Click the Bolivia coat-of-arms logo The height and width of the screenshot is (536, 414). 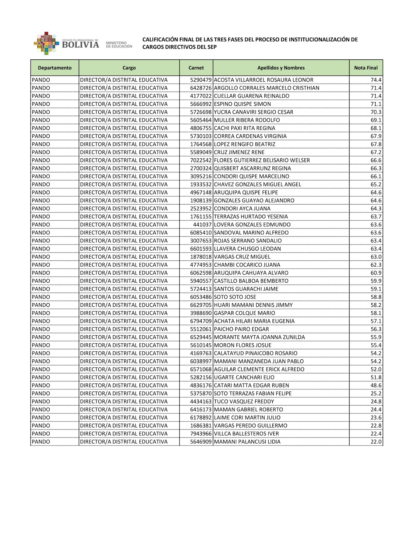click(x=45, y=43)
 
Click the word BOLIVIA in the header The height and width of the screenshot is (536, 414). click(x=81, y=45)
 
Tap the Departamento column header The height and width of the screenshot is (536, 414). click(x=55, y=68)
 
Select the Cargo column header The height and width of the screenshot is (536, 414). click(x=129, y=68)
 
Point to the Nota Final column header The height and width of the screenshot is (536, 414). click(x=366, y=68)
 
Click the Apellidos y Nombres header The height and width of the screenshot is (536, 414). click(x=281, y=68)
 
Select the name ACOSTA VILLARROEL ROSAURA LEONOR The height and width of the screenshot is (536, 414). click(x=263, y=80)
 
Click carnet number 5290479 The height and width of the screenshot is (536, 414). click(x=201, y=80)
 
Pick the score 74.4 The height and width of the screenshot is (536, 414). click(x=376, y=80)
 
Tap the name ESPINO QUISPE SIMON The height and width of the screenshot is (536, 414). click(x=242, y=104)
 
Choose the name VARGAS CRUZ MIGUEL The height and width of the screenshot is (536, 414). click(x=242, y=257)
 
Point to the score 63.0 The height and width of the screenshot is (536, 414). click(x=376, y=257)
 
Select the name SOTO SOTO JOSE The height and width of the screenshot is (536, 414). click(x=235, y=297)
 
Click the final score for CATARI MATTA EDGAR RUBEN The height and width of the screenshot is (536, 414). click(x=376, y=386)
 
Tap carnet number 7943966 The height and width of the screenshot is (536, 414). click(x=201, y=434)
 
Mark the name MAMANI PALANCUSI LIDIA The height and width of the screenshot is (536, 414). click(x=247, y=442)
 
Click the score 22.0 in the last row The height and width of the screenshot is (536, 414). click(x=376, y=442)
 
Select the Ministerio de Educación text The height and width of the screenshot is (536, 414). click(x=119, y=44)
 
